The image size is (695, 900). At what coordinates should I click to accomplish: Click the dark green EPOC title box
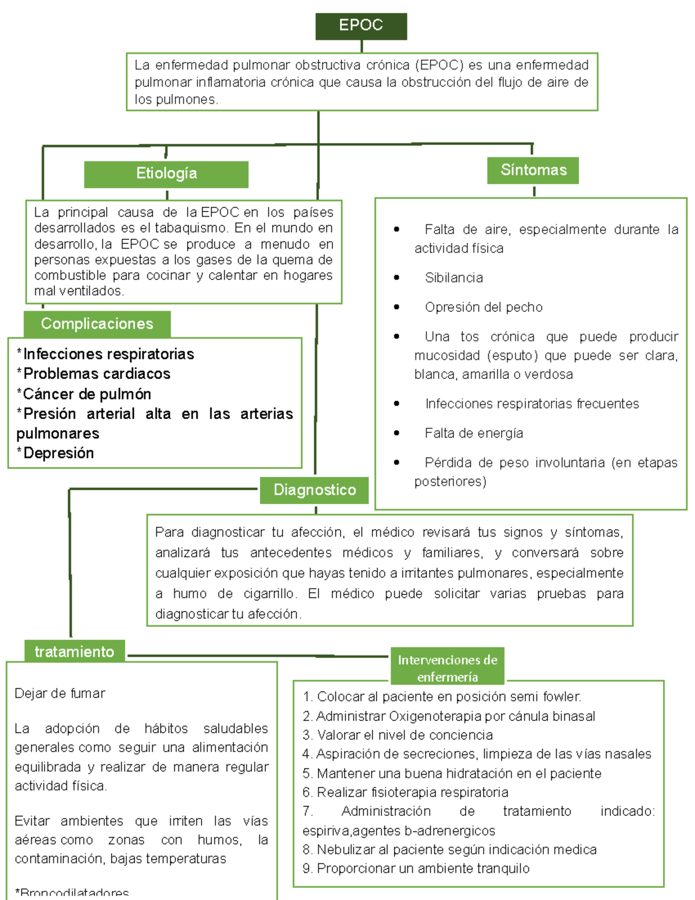pyautogui.click(x=361, y=25)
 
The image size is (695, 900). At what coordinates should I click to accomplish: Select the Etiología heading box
pyautogui.click(x=166, y=173)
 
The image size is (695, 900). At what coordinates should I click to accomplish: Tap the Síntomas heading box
pyautogui.click(x=533, y=170)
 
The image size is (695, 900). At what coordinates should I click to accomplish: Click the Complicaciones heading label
pyautogui.click(x=97, y=323)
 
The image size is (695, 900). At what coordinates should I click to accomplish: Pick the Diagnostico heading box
pyautogui.click(x=314, y=490)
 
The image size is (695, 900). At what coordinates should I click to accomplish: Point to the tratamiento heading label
pyautogui.click(x=74, y=651)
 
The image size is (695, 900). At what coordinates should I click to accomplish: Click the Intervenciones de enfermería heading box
pyautogui.click(x=447, y=668)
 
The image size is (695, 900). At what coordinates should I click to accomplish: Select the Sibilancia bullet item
pyautogui.click(x=453, y=278)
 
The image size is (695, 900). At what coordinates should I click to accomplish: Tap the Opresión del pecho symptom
pyautogui.click(x=483, y=307)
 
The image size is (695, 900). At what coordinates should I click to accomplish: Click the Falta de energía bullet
pyautogui.click(x=473, y=433)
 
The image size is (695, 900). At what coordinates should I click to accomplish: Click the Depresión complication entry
pyautogui.click(x=58, y=453)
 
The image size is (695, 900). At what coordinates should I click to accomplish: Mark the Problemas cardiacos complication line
pyautogui.click(x=96, y=374)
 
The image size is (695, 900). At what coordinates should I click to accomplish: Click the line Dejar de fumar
pyautogui.click(x=60, y=693)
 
